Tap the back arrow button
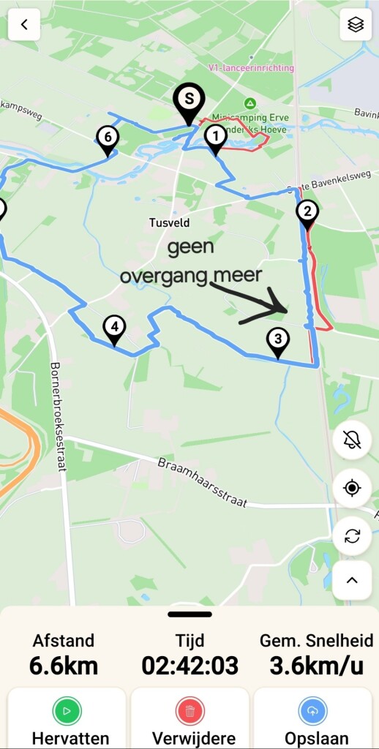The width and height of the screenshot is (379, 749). pos(24,25)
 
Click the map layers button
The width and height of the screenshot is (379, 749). pos(356,25)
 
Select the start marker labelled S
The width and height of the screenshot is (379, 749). pos(189,99)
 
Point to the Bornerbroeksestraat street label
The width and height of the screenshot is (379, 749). pos(59,416)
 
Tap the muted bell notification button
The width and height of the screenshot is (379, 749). pos(352,440)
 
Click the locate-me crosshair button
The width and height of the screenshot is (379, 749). pos(352,488)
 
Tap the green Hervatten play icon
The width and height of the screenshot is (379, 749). pos(67,711)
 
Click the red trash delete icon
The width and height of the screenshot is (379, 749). pos(189,711)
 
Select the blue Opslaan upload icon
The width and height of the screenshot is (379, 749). pos(312,711)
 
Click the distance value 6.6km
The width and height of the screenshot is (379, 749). pos(64,666)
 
